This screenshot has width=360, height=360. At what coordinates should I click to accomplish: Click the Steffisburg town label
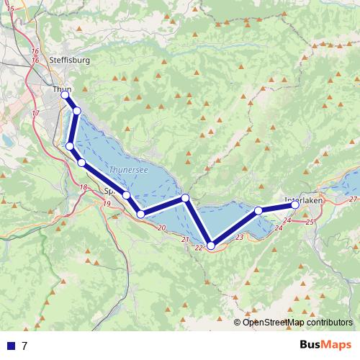click(x=71, y=60)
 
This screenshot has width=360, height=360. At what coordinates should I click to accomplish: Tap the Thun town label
click(x=60, y=89)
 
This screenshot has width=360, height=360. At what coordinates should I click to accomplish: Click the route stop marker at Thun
click(x=65, y=95)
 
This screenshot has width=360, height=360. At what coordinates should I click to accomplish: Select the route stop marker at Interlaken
click(x=295, y=205)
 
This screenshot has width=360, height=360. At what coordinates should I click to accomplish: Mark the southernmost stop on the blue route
click(x=211, y=246)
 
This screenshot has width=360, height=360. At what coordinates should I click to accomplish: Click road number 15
click(x=9, y=7)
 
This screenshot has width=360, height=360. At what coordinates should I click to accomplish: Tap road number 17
click(x=35, y=114)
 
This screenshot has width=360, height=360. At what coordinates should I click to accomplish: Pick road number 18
click(x=84, y=188)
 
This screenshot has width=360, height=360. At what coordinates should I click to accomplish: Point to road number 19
click(x=107, y=204)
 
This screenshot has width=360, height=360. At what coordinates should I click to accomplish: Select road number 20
click(x=161, y=228)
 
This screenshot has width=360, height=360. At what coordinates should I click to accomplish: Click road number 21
click(x=185, y=240)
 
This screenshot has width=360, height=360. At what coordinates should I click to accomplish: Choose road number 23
click(x=240, y=237)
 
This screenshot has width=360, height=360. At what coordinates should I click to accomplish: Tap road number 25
click(x=310, y=222)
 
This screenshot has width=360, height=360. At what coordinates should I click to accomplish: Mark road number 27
click(x=352, y=198)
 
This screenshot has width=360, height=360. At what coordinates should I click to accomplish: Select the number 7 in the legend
click(x=24, y=346)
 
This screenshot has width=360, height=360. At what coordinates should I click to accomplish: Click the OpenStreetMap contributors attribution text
click(x=297, y=322)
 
